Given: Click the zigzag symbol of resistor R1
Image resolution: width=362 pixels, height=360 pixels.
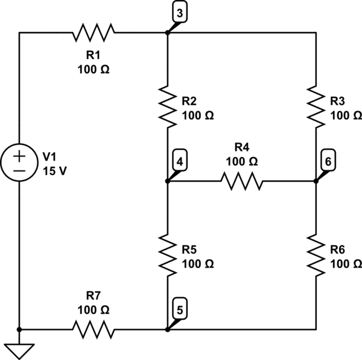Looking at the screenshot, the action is coord(94,33).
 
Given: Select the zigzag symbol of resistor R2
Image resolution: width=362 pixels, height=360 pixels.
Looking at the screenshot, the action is coord(168,107).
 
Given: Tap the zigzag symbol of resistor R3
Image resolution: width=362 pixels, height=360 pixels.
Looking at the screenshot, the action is coord(316,107).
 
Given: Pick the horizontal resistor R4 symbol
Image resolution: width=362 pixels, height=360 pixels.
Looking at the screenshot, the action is coord(242,181).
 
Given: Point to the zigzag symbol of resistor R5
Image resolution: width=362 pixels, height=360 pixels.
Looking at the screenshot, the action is coord(168,256).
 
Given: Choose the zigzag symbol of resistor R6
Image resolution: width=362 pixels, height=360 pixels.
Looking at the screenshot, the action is coord(316,256).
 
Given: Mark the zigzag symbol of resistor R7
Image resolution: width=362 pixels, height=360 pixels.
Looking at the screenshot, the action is coord(94,330).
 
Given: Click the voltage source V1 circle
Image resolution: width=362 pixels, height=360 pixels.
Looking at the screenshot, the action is coord(19,162).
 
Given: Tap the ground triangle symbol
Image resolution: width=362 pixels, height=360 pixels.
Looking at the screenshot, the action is coord(19,351).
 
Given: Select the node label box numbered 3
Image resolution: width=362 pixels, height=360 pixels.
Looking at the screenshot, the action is coord(180,13).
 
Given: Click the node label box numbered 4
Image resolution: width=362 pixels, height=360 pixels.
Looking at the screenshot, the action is coord(180,161).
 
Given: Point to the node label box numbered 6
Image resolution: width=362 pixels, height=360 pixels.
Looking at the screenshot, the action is coord(328,161).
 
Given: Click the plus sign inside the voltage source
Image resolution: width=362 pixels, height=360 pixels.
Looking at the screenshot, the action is coord(19,156).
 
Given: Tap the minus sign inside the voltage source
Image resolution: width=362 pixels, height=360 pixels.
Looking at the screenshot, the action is coord(19,171).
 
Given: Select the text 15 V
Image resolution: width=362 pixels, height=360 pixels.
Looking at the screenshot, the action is coord(55,171).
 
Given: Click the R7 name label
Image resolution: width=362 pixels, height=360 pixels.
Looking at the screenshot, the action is coord(94,295).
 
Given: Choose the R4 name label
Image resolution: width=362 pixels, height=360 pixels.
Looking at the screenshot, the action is coord(242,147).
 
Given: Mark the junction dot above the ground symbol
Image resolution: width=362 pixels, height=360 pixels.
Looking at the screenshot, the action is coord(19,330).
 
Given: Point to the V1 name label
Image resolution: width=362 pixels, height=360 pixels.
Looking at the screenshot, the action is coord(49,157).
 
